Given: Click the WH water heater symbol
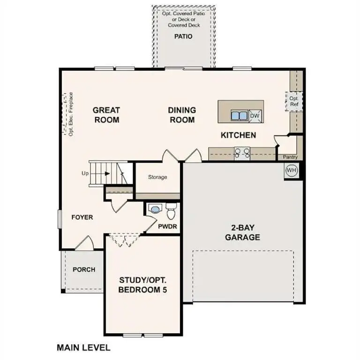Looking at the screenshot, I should click(291, 170).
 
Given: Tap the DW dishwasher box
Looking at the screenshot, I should click(255, 116).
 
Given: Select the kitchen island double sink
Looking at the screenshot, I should click(239, 116).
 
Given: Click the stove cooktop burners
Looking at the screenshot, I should click(242, 152).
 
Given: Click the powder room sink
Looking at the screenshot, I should click(154, 210).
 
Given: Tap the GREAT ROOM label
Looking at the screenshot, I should click(106, 115).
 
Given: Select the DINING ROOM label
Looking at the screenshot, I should click(182, 115).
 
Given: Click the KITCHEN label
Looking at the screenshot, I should click(239, 135).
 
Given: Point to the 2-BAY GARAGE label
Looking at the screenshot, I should click(242, 232).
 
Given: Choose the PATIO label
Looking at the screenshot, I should click(183, 36).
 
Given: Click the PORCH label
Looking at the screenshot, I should click(84, 270).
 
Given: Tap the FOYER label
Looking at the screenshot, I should click(82, 217).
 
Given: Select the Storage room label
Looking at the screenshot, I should click(157, 177).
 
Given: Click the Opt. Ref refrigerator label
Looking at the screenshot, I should click(294, 102).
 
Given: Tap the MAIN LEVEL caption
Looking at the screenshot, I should click(83, 348).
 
